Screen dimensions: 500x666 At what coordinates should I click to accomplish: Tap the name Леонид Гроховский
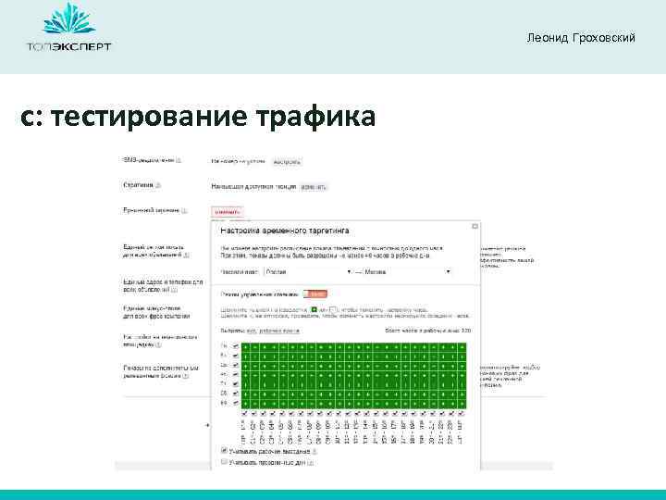point(580,37)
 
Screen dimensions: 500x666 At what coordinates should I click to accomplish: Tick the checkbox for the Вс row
point(235,403)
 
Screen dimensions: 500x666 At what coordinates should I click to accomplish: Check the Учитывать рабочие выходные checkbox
point(224,451)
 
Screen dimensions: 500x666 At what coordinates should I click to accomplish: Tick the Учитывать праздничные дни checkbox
point(224,461)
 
